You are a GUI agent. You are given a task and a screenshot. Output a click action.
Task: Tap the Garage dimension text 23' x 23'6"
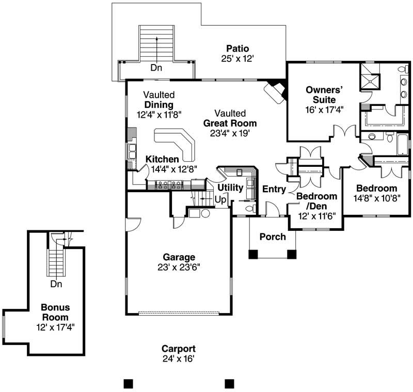pyautogui.click(x=179, y=267)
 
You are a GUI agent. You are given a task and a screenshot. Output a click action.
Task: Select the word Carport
pyautogui.click(x=178, y=349)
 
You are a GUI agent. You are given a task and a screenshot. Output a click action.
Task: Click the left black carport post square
pyautogui.click(x=129, y=384)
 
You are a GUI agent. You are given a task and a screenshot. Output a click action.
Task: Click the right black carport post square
pyautogui.click(x=230, y=384)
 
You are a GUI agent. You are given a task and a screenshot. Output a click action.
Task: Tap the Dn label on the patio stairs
pyautogui.click(x=156, y=68)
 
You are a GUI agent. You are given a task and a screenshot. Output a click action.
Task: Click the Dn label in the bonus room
pyautogui.click(x=57, y=284)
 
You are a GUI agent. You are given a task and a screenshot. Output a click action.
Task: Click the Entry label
pyautogui.click(x=274, y=190)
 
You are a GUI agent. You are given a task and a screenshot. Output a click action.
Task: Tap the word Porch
pyautogui.click(x=273, y=237)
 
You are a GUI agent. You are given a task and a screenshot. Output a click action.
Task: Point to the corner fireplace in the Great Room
pyautogui.click(x=275, y=91)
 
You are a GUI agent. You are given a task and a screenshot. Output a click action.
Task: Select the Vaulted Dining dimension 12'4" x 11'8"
pyautogui.click(x=160, y=114)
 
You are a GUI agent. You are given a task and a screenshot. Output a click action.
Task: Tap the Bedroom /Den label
pyautogui.click(x=316, y=201)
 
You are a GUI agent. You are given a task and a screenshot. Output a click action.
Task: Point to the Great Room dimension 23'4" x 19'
pyautogui.click(x=230, y=133)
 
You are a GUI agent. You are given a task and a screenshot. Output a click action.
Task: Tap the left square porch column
pyautogui.click(x=253, y=254)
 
